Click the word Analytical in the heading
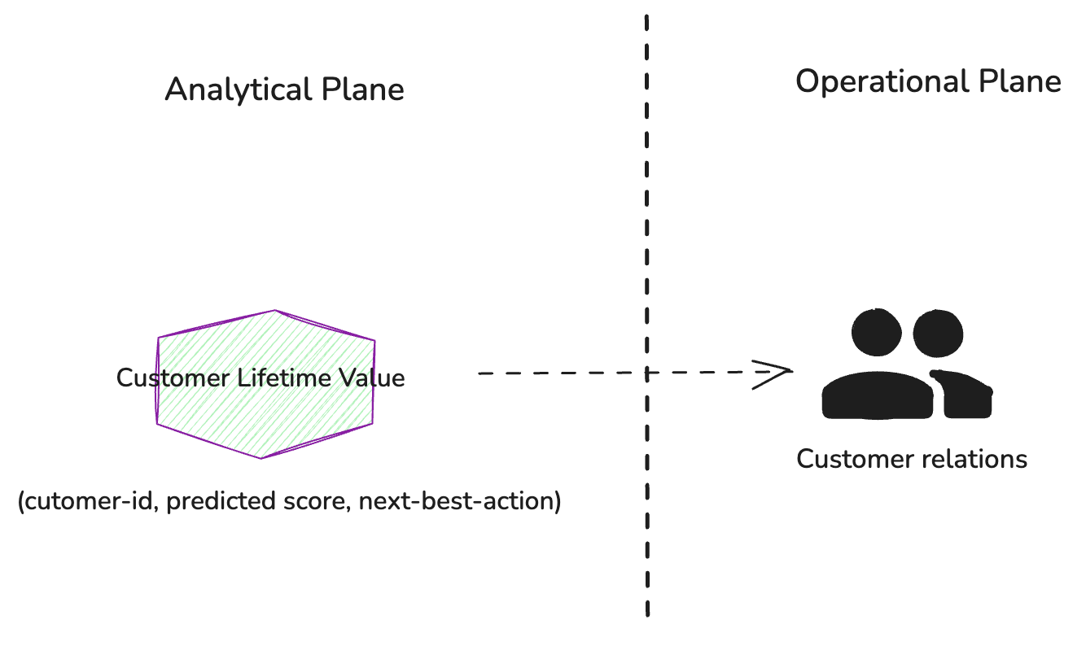tap(226, 89)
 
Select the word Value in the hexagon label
tap(373, 378)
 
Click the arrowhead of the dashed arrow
tap(777, 373)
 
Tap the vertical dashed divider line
tap(647, 203)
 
